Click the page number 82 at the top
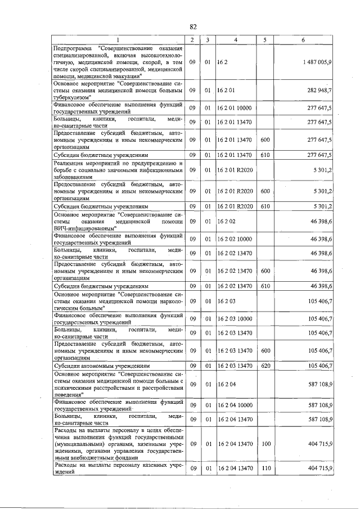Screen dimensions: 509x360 [x=192, y=26]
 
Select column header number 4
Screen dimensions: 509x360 [x=235, y=39]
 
